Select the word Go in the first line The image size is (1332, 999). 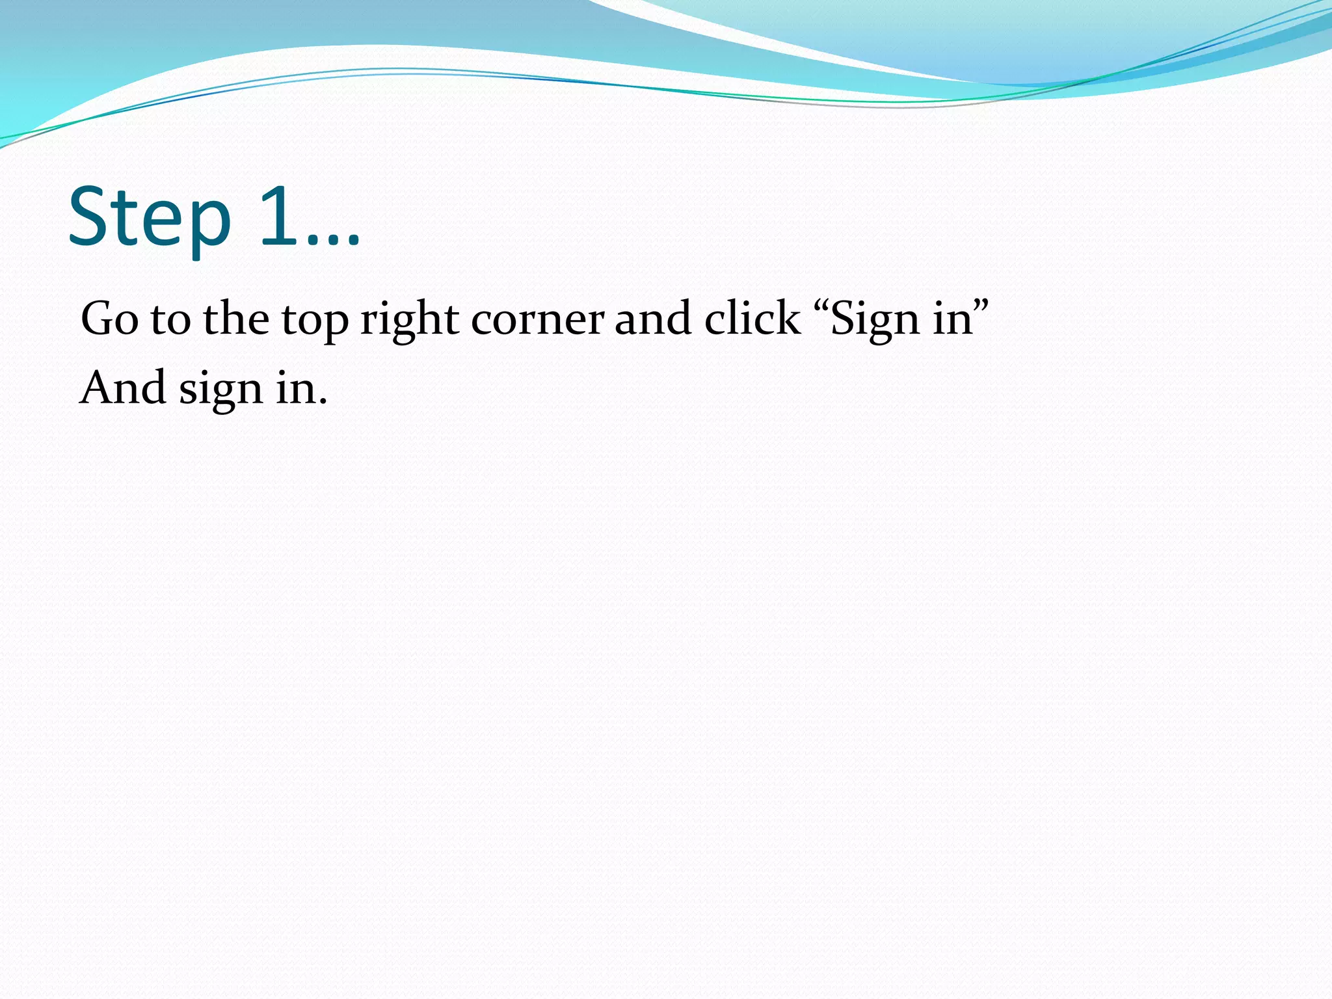coord(109,319)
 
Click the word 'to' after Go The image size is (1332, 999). coord(170,320)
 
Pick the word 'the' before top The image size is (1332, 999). coord(235,319)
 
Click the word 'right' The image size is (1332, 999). coord(409,320)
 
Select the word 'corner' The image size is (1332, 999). coord(537,320)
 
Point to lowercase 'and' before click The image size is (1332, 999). coord(652,319)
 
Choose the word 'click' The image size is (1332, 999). coord(753,319)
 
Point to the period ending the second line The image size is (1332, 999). coord(323,402)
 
